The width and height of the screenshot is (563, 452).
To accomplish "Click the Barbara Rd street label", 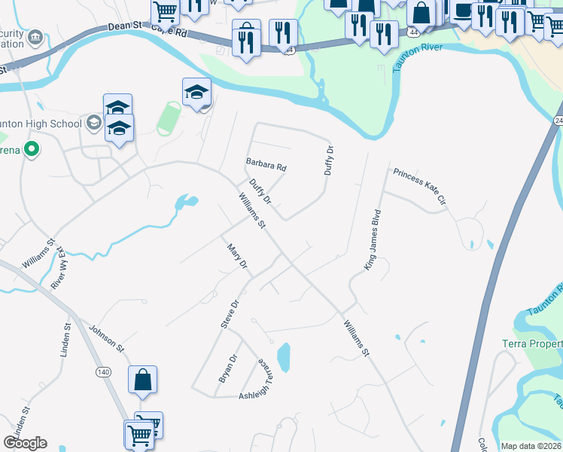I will tap(266, 163).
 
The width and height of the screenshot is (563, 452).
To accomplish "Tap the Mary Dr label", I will tap(237, 255).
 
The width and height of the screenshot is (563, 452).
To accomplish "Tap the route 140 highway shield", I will tap(104, 372).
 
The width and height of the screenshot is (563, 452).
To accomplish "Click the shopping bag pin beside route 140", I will tap(142, 381).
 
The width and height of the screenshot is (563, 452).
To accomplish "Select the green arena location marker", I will tap(31, 149).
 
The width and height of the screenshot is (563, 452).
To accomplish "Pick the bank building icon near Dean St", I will tap(34, 38).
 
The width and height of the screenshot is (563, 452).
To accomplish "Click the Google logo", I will tap(25, 443).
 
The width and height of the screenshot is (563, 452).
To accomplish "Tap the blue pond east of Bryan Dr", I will tap(284, 357).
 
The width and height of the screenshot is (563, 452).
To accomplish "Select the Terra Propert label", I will tap(531, 344).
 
